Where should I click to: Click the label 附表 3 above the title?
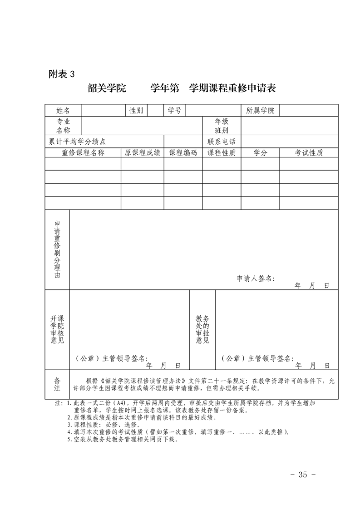click(x=60, y=73)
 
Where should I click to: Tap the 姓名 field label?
click(x=63, y=111)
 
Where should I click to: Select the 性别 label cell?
click(x=136, y=111)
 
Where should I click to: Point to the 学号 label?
click(x=175, y=111)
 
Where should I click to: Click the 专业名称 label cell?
click(x=63, y=126)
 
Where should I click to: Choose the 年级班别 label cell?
click(x=222, y=126)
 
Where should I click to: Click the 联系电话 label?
click(x=222, y=142)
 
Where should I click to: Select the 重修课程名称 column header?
click(x=83, y=153)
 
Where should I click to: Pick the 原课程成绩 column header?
click(x=143, y=153)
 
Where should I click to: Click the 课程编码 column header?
click(x=183, y=153)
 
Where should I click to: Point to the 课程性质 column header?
click(x=222, y=153)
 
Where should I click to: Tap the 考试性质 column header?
click(x=309, y=153)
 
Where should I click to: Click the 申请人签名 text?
click(x=256, y=279)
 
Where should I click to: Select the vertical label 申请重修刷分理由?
click(x=57, y=250)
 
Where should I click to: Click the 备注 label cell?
click(x=57, y=384)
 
